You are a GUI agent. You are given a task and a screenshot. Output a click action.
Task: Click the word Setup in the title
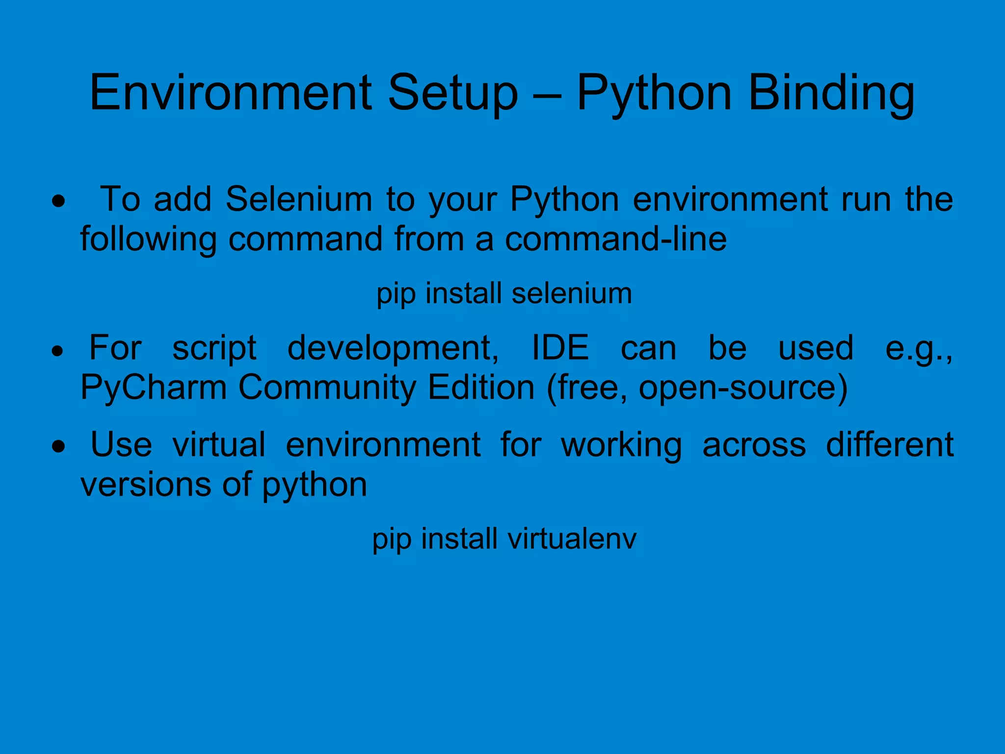(x=452, y=93)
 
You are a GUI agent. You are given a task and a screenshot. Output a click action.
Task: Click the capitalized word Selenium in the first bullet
(x=299, y=199)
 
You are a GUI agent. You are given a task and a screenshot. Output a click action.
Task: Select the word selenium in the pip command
(x=572, y=293)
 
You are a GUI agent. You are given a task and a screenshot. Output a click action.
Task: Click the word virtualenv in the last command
(x=572, y=539)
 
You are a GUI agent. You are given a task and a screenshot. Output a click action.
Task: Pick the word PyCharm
(x=154, y=388)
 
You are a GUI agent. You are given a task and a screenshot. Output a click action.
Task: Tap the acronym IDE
(x=560, y=348)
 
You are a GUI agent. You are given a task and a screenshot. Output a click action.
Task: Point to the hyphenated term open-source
(x=743, y=388)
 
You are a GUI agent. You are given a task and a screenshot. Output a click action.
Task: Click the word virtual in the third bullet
(x=219, y=444)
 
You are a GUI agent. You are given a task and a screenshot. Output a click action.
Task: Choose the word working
(x=621, y=445)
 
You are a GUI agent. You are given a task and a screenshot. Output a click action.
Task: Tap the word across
(x=754, y=445)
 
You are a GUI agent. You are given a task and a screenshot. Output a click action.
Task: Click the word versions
(x=146, y=484)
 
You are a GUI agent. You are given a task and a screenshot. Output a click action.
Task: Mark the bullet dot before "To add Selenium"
(x=59, y=201)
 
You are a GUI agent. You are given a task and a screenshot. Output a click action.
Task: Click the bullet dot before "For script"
(x=58, y=351)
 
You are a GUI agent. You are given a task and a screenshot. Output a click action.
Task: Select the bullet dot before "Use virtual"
(x=59, y=447)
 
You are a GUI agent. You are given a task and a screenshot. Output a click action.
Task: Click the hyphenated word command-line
(x=616, y=239)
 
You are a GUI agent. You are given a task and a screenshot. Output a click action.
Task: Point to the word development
(x=393, y=349)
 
